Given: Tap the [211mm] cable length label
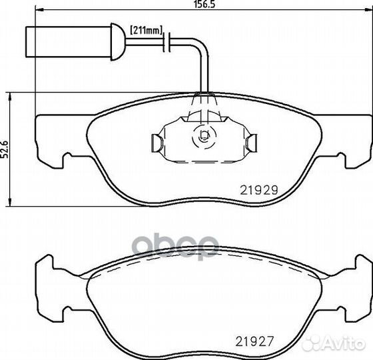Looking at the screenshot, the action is click(146, 30).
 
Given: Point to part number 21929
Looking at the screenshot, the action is click(259, 190).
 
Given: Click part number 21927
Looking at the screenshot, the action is click(254, 341).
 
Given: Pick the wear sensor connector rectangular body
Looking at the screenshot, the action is click(68, 42).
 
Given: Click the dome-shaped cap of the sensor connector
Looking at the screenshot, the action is click(118, 41).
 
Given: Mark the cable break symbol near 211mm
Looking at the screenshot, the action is click(167, 42).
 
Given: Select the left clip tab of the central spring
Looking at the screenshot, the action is click(157, 143).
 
